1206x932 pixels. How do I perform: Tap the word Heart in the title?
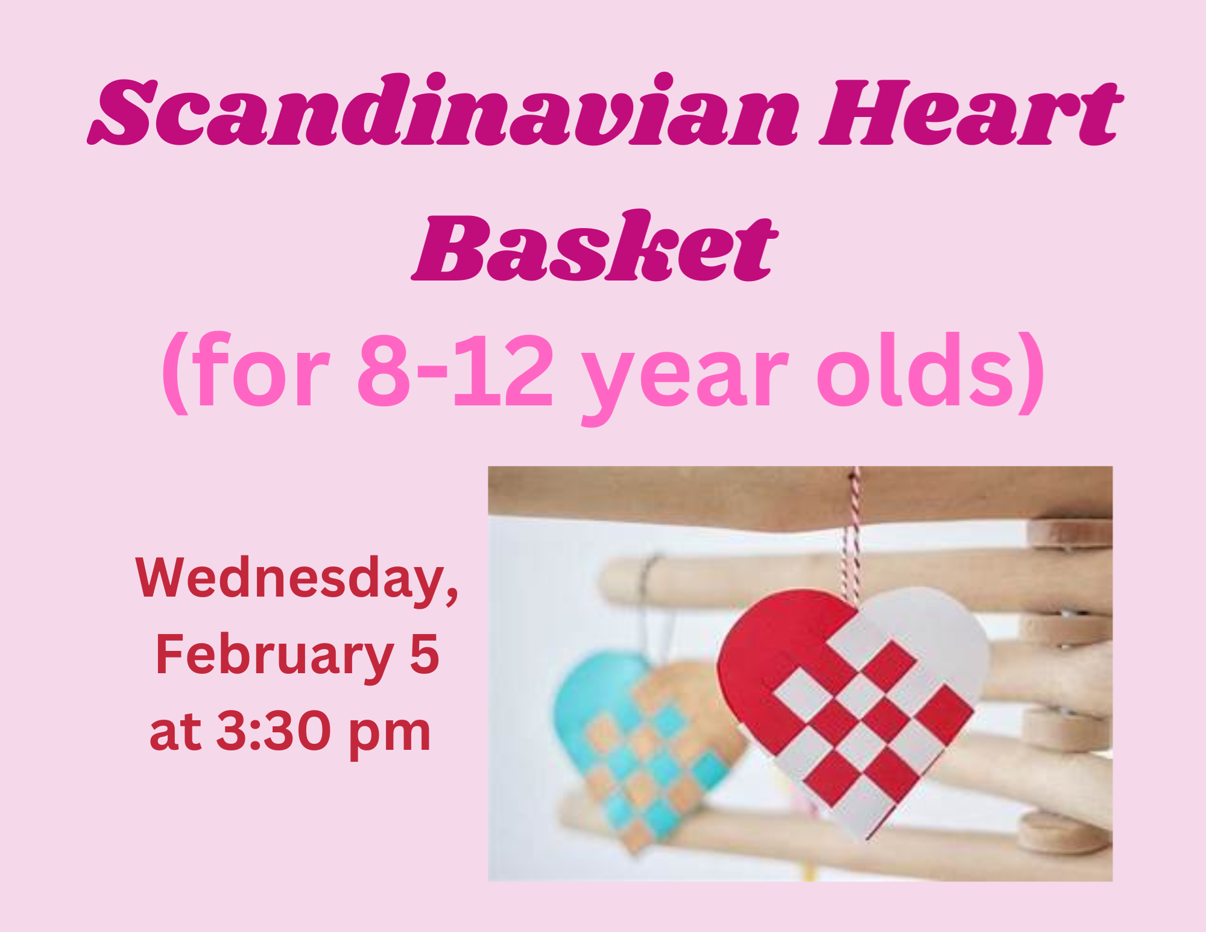pos(971,113)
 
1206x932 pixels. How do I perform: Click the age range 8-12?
pos(455,372)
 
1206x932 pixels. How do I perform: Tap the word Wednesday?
pos(297,580)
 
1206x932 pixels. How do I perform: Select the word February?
pos(275,656)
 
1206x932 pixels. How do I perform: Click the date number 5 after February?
pos(425,655)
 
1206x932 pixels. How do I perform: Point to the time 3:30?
pos(273,732)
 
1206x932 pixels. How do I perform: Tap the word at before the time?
pos(175,734)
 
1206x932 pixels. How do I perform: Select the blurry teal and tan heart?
pos(648,748)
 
